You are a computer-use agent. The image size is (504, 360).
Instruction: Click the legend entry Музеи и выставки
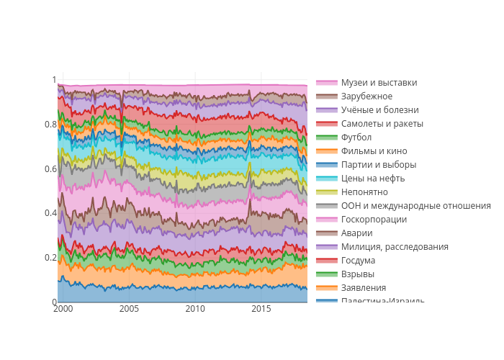click(x=379, y=83)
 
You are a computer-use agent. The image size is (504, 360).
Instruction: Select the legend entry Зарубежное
click(x=366, y=96)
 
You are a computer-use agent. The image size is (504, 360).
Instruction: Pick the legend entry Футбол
click(x=356, y=138)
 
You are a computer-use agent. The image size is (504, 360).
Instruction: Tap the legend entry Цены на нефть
click(x=373, y=179)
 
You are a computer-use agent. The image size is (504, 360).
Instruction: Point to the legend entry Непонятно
click(x=364, y=192)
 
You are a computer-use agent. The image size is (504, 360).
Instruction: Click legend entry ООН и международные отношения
click(x=415, y=206)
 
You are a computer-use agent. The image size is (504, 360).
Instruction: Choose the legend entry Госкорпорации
click(x=374, y=220)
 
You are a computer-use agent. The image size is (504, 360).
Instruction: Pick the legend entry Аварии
click(x=356, y=233)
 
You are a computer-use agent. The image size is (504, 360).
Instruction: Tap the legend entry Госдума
click(x=358, y=261)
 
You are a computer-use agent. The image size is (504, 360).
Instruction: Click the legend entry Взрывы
click(x=357, y=274)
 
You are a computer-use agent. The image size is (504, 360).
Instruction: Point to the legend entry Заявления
click(x=363, y=288)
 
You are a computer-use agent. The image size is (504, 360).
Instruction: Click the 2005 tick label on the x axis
click(x=129, y=309)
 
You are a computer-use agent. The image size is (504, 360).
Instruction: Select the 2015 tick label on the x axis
click(x=261, y=309)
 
